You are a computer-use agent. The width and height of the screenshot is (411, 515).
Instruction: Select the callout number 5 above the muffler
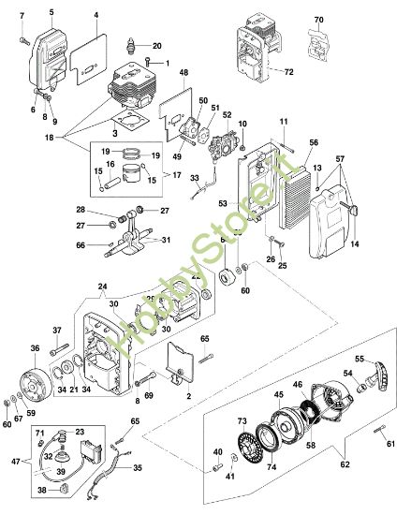pyautogui.click(x=51, y=11)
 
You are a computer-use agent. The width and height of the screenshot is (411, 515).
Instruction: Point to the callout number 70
pyautogui.click(x=318, y=20)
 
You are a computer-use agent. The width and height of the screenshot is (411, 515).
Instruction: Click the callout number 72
pyautogui.click(x=288, y=71)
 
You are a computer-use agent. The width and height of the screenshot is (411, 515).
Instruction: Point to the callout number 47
pyautogui.click(x=14, y=463)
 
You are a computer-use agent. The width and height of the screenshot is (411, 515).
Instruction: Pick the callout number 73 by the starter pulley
pyautogui.click(x=242, y=422)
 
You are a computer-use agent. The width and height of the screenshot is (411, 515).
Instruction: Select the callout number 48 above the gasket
pyautogui.click(x=183, y=73)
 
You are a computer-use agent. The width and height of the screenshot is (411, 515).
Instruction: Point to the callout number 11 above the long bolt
pyautogui.click(x=283, y=123)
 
